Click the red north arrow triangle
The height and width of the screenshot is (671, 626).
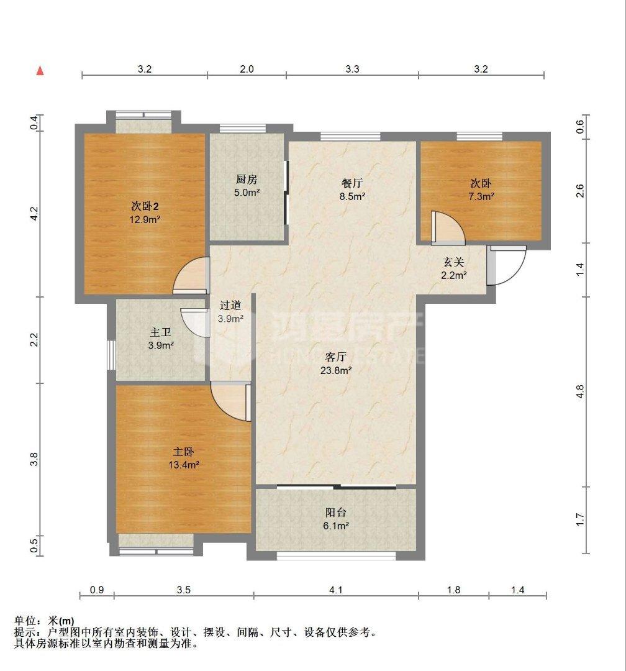pyautogui.click(x=40, y=71)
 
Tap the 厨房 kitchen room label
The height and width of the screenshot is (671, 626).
pyautogui.click(x=247, y=180)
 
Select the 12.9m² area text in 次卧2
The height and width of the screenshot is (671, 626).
pyautogui.click(x=145, y=220)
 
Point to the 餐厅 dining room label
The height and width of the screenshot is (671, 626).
pyautogui.click(x=352, y=183)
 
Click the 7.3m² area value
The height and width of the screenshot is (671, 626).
pyautogui.click(x=481, y=196)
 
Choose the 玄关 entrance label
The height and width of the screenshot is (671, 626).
pyautogui.click(x=453, y=262)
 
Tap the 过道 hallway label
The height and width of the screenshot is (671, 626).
pyautogui.click(x=230, y=305)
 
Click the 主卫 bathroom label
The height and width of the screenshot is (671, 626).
pyautogui.click(x=160, y=332)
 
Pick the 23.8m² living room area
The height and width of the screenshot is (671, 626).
pyautogui.click(x=336, y=370)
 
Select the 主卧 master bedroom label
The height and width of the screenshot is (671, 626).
pyautogui.click(x=184, y=452)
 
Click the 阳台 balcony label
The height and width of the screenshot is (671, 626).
pyautogui.click(x=335, y=512)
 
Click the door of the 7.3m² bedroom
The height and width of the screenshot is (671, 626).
pyautogui.click(x=448, y=228)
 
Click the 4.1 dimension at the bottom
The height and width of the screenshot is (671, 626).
pyautogui.click(x=336, y=590)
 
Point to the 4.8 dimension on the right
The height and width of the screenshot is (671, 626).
pyautogui.click(x=580, y=391)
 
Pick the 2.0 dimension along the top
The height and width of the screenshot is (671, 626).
pyautogui.click(x=247, y=69)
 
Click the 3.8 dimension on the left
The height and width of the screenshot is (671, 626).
pyautogui.click(x=35, y=459)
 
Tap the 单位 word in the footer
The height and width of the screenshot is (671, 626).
pyautogui.click(x=25, y=621)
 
